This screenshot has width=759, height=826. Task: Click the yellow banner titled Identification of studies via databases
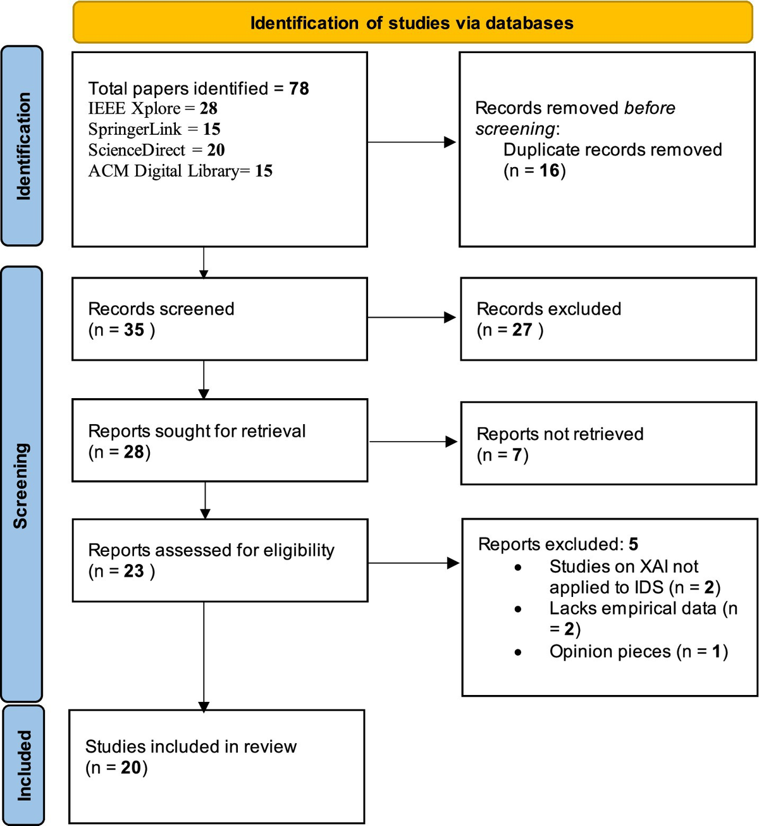(x=412, y=23)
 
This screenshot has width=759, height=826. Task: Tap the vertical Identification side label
(x=23, y=146)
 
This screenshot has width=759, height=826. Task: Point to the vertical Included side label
(x=24, y=765)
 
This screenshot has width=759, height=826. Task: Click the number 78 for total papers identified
(x=299, y=89)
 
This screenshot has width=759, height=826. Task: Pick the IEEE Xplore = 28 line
(x=152, y=109)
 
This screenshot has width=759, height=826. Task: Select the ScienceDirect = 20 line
(x=156, y=151)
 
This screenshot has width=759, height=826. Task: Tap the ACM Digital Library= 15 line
(x=180, y=171)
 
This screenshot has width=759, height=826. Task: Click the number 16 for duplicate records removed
(x=549, y=171)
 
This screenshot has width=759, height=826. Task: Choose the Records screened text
(x=161, y=309)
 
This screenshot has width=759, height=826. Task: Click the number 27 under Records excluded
(x=522, y=330)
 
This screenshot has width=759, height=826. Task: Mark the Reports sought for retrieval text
(x=197, y=431)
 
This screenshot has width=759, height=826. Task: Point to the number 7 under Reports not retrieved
(x=517, y=455)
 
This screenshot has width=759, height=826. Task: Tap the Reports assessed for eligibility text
(x=211, y=550)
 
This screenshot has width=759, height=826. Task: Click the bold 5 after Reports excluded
(x=633, y=544)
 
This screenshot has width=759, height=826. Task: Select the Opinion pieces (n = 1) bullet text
(x=638, y=652)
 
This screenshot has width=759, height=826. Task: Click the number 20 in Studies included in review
(x=131, y=768)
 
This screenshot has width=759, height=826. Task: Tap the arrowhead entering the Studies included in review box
(x=204, y=706)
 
